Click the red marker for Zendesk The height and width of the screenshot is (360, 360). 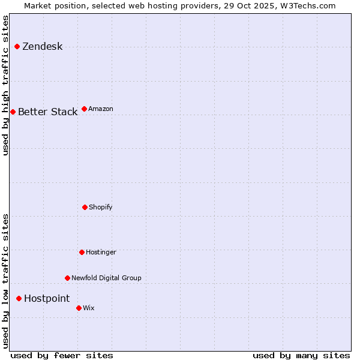17,46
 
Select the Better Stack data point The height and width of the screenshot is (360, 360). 13,112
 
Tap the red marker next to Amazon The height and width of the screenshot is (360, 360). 84,109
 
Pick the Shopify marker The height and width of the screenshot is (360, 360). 85,207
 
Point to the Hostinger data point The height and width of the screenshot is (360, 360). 82,252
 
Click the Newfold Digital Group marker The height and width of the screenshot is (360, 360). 67,278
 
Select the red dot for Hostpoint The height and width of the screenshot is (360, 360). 19,298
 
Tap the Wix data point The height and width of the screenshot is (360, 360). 79,308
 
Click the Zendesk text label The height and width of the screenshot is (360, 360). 42,47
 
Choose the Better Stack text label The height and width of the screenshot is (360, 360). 47,112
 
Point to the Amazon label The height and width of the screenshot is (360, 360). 100,109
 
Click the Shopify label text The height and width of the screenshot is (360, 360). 100,208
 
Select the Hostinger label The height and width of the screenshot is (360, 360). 101,253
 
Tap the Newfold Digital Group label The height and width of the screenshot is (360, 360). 106,278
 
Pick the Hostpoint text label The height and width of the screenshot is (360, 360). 47,299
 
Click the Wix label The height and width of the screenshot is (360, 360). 88,308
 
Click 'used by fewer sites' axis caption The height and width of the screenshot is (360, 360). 62,355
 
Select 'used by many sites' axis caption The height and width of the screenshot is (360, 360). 301,355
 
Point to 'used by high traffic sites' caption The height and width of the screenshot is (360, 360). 6,85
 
